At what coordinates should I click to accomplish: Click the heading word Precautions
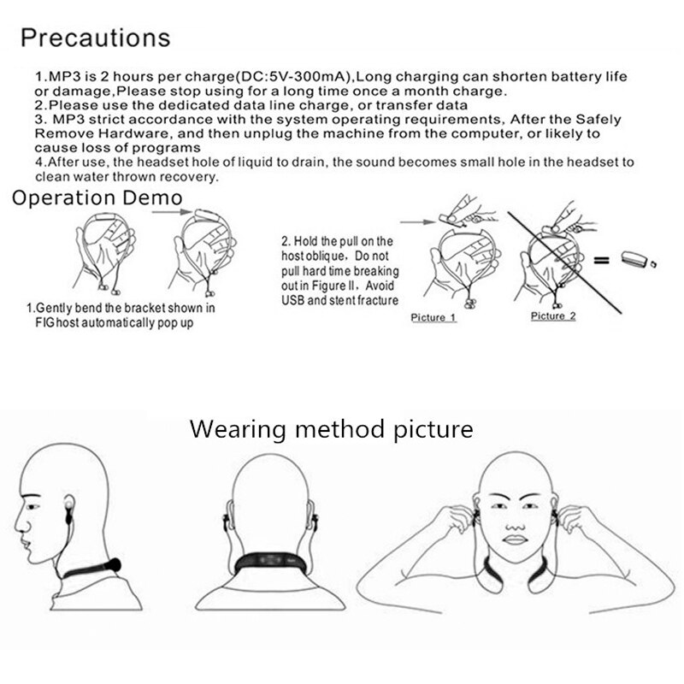tap(95, 37)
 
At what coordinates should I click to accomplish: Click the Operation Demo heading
tap(97, 198)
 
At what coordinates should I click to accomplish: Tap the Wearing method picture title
tap(331, 429)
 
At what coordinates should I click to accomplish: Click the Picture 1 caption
tap(433, 317)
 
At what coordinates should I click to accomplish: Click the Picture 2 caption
tap(553, 315)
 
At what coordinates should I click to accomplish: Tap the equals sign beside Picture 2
tap(601, 261)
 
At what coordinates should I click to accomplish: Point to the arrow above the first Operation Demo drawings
tap(172, 212)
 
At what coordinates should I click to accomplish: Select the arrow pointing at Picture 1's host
tap(417, 222)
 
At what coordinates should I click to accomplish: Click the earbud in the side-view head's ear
tap(68, 506)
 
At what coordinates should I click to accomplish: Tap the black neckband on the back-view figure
tap(270, 563)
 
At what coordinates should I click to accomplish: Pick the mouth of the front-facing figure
tap(516, 540)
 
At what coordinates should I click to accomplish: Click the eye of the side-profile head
tap(32, 506)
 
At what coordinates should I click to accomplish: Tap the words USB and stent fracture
tap(339, 300)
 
